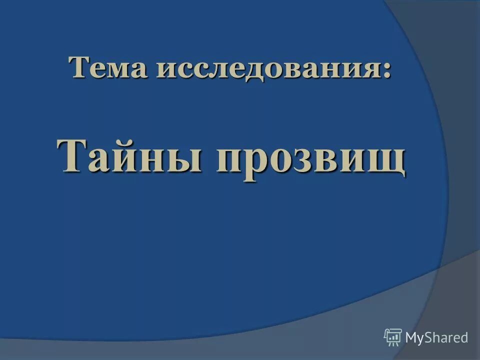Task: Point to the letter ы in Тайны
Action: [188, 158]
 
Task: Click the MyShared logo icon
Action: [393, 337]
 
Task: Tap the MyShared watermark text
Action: [436, 338]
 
